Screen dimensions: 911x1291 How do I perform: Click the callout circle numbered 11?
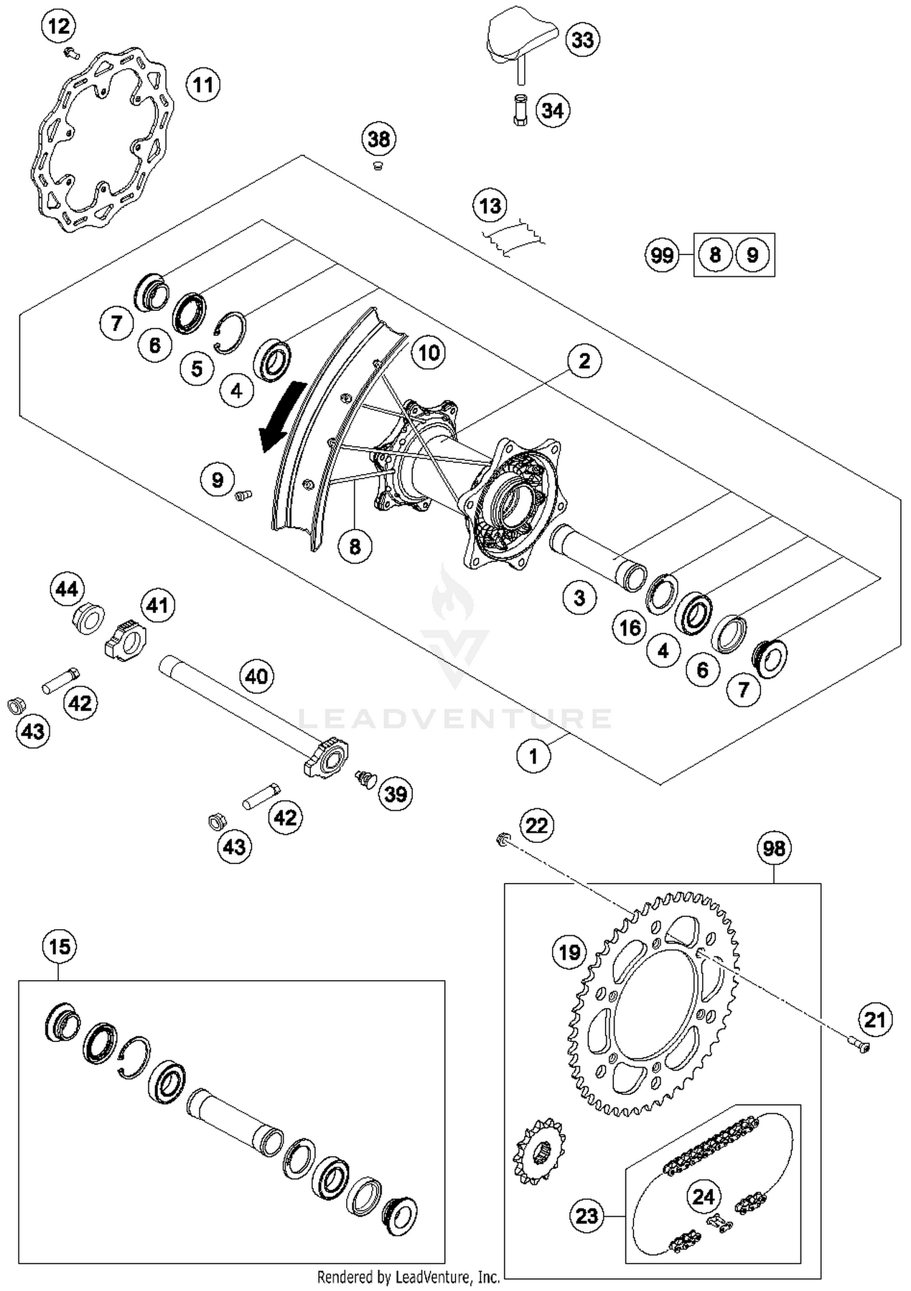click(x=203, y=84)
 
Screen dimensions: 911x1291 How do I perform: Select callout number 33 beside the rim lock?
click(x=582, y=40)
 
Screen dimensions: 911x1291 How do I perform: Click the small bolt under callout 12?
click(x=72, y=53)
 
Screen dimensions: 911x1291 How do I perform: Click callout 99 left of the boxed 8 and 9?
click(x=661, y=254)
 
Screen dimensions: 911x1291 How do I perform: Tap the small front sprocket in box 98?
click(x=539, y=1151)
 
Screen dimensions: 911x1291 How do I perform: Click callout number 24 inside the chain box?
click(x=703, y=1197)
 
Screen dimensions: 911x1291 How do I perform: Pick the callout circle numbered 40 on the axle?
click(x=256, y=676)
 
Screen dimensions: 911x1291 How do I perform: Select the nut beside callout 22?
click(x=502, y=840)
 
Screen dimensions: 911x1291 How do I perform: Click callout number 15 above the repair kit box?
click(x=60, y=947)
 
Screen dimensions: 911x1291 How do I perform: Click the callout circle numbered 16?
click(x=629, y=627)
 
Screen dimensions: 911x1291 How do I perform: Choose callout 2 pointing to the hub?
click(x=584, y=361)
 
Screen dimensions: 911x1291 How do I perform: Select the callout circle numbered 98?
click(x=774, y=848)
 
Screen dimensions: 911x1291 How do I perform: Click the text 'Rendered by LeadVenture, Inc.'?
click(x=408, y=1277)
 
